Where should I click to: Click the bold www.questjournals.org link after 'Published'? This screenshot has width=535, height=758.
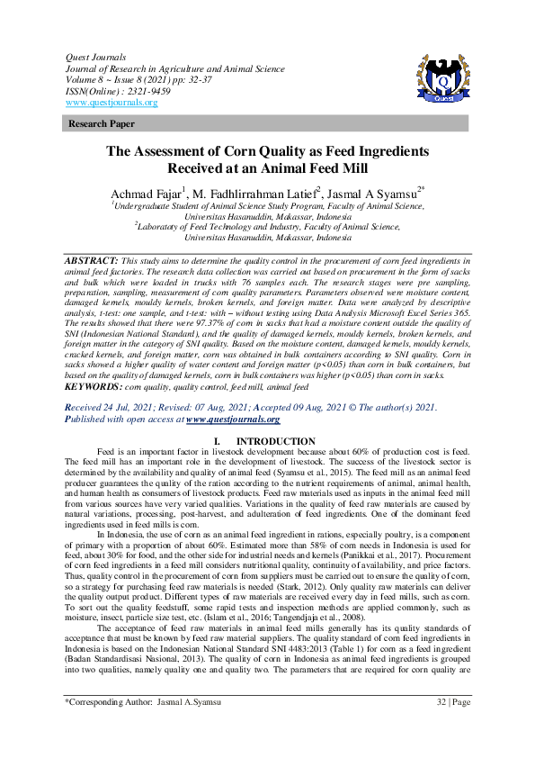[233, 420]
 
